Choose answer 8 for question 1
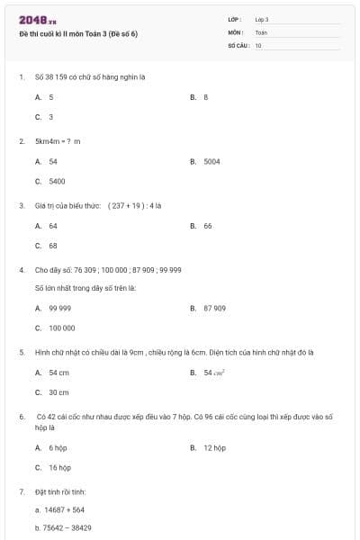[x=206, y=96]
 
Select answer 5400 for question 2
[x=57, y=181]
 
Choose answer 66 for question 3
[x=207, y=226]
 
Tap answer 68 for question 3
[x=53, y=246]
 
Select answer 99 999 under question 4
[x=59, y=308]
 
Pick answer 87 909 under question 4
[x=214, y=308]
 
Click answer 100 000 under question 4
[x=62, y=328]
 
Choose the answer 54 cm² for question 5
[x=214, y=373]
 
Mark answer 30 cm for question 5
[x=58, y=392]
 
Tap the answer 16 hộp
[x=59, y=467]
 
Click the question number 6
[x=21, y=417]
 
